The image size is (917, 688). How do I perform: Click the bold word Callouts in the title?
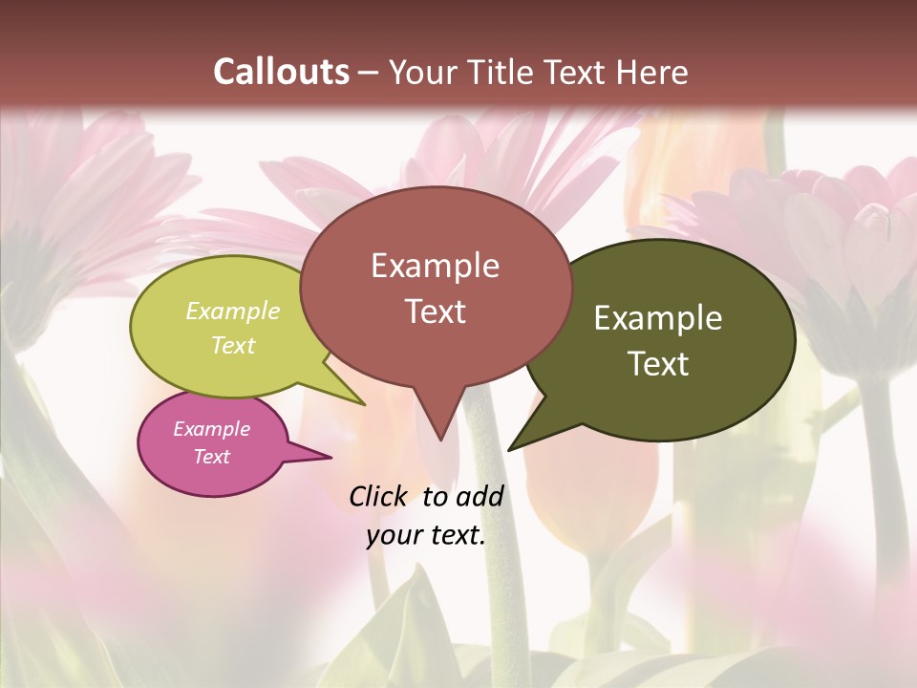[x=281, y=72]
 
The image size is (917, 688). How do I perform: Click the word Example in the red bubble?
[x=435, y=266]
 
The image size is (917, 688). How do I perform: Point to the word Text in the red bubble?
[x=435, y=312]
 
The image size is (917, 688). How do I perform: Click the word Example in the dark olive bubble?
[x=658, y=318]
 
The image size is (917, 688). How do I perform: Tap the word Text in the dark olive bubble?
[x=658, y=364]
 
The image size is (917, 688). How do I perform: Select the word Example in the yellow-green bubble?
[x=233, y=311]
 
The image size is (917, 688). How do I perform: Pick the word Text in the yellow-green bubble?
[x=233, y=345]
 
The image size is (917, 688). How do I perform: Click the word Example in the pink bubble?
[x=212, y=429]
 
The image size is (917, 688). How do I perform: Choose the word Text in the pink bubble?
[x=212, y=457]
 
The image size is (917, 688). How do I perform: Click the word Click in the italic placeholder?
[x=379, y=496]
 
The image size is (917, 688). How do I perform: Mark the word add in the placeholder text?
[x=479, y=496]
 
